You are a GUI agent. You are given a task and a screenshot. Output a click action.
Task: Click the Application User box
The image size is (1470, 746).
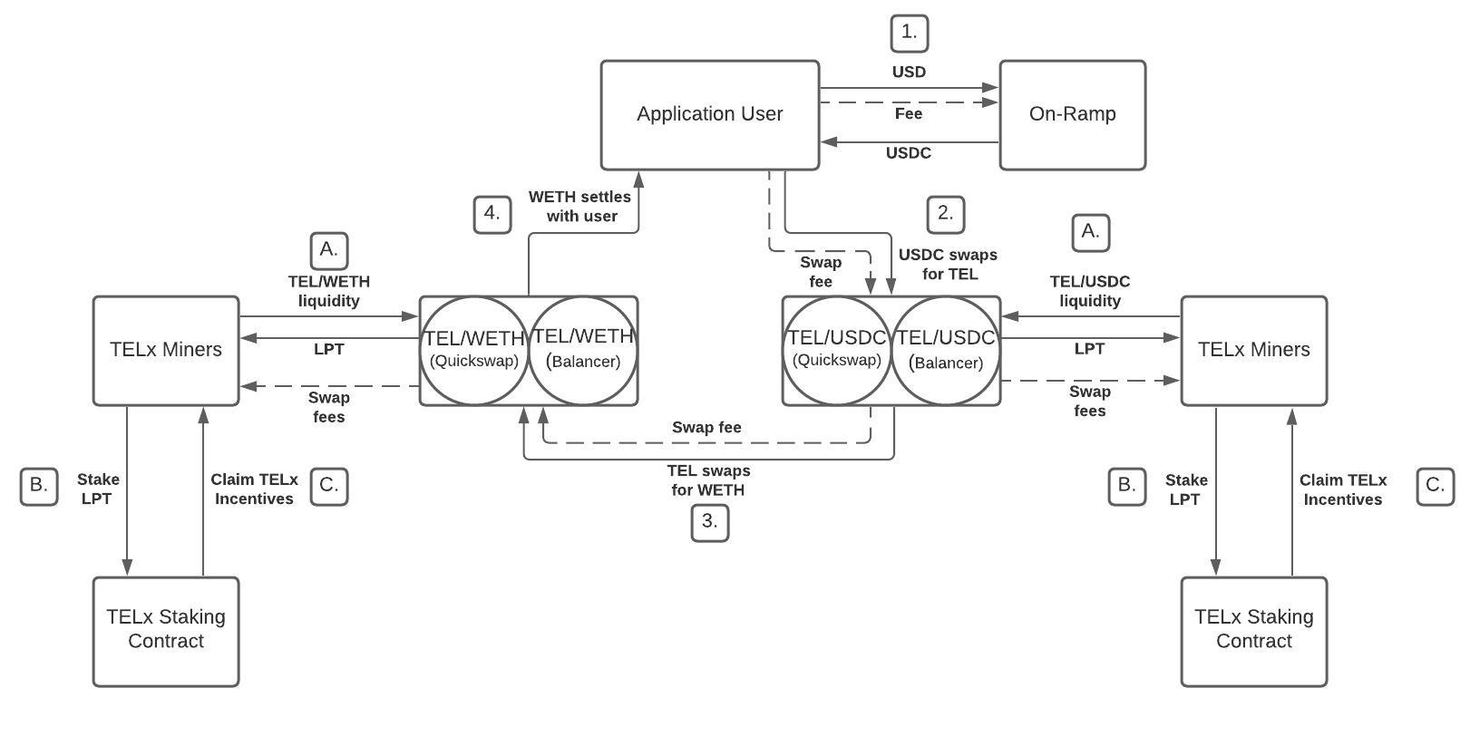tap(709, 115)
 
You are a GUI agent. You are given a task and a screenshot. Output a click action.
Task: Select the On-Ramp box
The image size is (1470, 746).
tap(1072, 115)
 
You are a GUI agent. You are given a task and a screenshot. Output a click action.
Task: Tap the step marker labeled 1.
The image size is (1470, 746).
tap(909, 34)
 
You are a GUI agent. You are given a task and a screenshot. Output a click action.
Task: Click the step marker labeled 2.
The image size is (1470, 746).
tap(945, 215)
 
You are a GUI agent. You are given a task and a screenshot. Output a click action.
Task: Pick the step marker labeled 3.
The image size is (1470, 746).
tap(709, 522)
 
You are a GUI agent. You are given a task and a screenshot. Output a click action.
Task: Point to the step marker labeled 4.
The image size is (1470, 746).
tap(492, 215)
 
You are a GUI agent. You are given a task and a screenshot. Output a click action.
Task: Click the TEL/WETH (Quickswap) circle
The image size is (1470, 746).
tap(473, 350)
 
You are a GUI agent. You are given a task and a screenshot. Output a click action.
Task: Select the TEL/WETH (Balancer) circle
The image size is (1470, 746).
tap(583, 350)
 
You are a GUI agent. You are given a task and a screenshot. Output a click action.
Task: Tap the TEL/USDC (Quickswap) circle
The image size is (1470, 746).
tap(836, 350)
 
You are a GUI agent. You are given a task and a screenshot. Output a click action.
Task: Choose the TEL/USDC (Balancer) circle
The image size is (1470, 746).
tap(946, 350)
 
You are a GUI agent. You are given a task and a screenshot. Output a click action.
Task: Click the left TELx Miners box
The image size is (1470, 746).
tap(166, 350)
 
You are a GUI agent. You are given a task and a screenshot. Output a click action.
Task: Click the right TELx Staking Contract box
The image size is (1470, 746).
tap(1253, 631)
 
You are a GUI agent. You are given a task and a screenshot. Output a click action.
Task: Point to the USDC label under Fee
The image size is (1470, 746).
tap(908, 153)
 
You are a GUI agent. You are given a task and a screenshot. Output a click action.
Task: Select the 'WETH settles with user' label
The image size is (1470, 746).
tap(580, 207)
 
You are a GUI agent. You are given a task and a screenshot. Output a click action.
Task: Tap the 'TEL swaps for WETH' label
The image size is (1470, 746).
tap(708, 480)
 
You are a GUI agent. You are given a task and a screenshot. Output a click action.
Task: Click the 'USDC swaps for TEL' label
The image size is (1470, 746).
tap(949, 265)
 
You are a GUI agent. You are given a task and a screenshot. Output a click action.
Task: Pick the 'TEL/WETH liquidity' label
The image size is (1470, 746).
tap(328, 291)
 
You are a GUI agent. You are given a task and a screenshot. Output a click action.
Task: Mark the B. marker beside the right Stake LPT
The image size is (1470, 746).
tap(1126, 486)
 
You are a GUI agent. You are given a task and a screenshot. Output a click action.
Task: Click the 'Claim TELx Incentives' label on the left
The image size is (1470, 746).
tap(254, 489)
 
